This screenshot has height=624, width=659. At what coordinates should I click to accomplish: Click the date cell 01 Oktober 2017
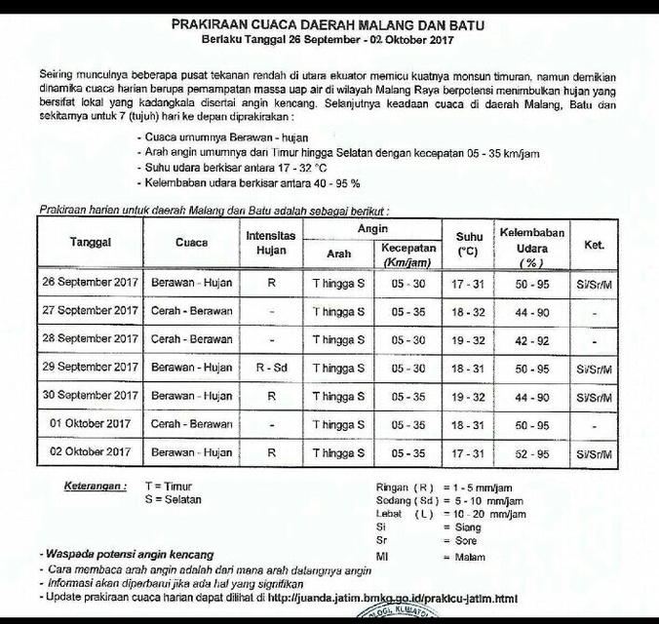click(91, 424)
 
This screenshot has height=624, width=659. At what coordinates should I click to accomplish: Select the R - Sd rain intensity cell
click(271, 368)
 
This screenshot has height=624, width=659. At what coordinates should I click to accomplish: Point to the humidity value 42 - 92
click(532, 340)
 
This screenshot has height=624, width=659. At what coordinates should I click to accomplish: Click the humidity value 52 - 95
click(532, 452)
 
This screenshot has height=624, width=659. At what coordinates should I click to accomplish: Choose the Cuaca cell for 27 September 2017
click(192, 311)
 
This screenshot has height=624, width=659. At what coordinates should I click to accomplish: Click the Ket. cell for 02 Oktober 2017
click(594, 452)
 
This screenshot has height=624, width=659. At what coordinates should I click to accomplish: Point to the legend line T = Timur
click(168, 485)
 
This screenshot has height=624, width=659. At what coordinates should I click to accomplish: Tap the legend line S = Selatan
click(173, 498)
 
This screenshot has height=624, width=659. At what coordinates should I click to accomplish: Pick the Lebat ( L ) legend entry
click(404, 513)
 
